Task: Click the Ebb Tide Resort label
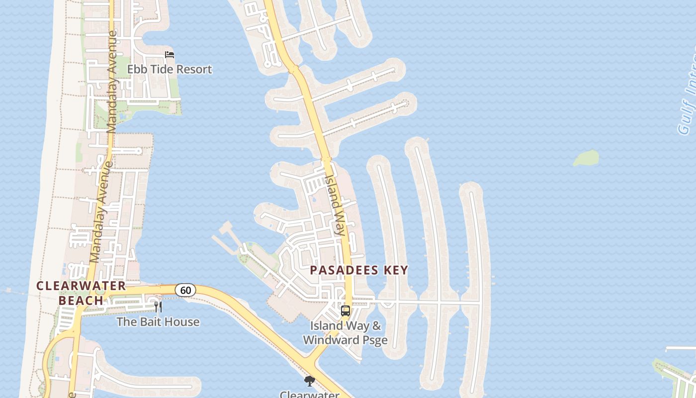170,69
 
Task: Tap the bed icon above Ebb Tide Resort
170,55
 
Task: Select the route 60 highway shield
185,290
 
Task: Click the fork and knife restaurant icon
158,306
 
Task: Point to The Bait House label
158,322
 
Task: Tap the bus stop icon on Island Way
346,311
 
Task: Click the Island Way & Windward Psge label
346,333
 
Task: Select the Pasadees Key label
359,270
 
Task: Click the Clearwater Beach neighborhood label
81,293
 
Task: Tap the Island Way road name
335,204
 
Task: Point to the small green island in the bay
586,158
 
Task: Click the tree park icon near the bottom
310,381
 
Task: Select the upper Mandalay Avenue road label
112,82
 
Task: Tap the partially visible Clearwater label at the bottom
310,395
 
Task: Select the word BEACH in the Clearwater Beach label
81,300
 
